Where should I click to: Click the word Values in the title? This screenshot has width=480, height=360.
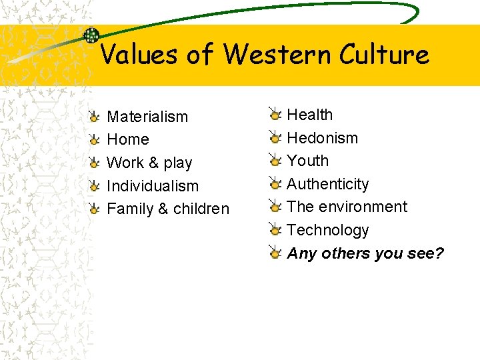pos(139,54)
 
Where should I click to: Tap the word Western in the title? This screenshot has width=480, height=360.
pos(277,54)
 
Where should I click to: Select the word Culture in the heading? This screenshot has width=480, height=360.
pos(383,54)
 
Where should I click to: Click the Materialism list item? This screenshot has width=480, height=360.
pos(147,117)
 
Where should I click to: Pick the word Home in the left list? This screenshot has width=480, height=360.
pos(127,140)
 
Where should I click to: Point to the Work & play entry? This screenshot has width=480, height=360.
pos(149,163)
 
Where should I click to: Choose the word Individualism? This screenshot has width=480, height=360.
pos(153,186)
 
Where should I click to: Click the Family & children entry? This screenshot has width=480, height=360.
pos(167,209)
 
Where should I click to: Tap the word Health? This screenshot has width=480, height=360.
pos(309,115)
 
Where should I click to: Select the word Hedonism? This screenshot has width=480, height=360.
pos(322,138)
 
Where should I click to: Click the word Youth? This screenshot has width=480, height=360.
pos(307,161)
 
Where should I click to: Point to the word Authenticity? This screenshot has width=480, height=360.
pos(327,184)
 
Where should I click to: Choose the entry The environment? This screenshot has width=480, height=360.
pos(347,207)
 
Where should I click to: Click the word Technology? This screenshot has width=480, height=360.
pos(327,230)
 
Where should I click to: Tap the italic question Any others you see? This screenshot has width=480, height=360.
pos(365,253)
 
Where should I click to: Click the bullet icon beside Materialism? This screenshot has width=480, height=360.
pos(95,117)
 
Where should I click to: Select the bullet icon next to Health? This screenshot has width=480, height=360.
pos(275,115)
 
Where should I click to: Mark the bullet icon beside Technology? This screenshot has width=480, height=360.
pos(275,230)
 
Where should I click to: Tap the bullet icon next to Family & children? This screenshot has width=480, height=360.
pos(95,209)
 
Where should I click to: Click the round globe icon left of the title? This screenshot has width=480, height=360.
pos(91,35)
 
